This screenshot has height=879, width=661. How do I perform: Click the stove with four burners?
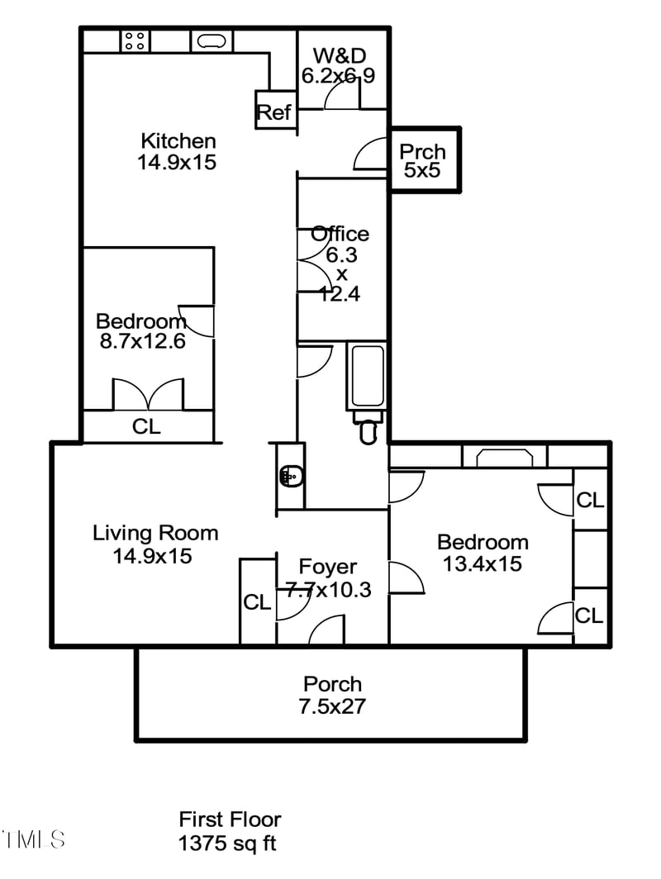click(136, 40)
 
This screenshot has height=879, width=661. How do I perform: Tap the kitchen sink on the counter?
click(212, 40)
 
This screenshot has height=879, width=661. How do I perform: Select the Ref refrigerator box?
click(274, 112)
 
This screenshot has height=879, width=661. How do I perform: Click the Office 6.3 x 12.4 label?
click(340, 263)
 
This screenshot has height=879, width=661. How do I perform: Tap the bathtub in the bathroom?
click(367, 377)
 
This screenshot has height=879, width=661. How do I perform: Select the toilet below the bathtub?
click(369, 430)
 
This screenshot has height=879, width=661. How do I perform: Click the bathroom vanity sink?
click(290, 476)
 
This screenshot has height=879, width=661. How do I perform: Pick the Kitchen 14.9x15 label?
click(178, 151)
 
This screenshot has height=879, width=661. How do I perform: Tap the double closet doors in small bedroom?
click(148, 395)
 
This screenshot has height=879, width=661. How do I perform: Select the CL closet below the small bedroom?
click(147, 427)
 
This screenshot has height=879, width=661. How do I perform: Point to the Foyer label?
click(328, 568)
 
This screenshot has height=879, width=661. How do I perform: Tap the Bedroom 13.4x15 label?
click(483, 553)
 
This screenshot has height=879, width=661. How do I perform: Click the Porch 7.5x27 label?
click(332, 695)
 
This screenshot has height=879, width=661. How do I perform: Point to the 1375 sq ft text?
click(227, 843)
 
